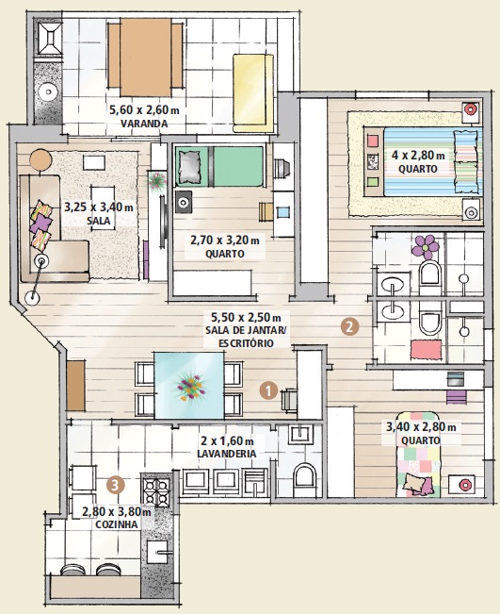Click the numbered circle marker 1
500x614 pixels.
(x=268, y=389)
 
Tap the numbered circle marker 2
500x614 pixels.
(x=348, y=327)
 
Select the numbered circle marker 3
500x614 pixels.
(x=115, y=485)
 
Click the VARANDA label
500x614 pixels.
(x=144, y=124)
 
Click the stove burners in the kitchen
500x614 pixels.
(x=154, y=491)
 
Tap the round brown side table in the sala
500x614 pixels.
(x=40, y=159)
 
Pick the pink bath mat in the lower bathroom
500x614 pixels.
(x=424, y=350)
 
